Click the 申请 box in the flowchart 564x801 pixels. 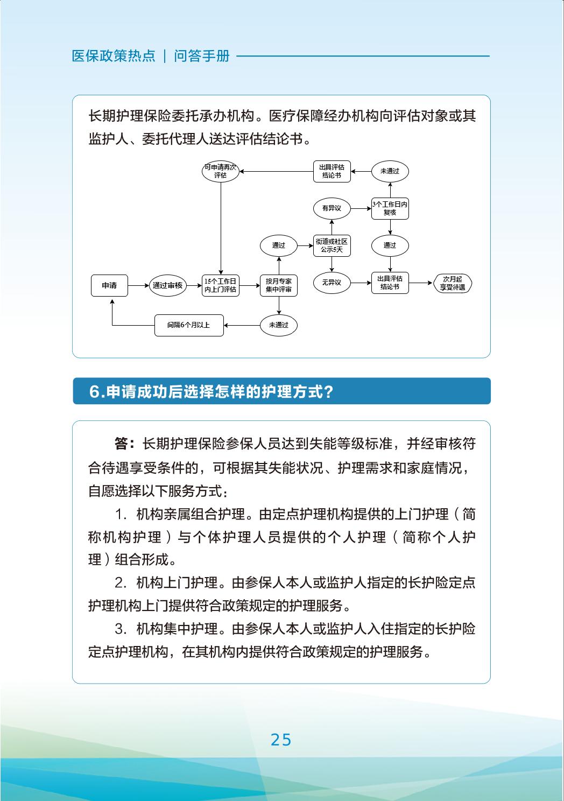click(109, 285)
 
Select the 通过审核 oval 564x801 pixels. click(167, 285)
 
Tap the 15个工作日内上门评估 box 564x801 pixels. click(221, 285)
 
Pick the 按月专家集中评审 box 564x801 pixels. click(278, 285)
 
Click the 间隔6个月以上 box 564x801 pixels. click(189, 325)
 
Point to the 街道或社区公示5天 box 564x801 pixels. click(332, 245)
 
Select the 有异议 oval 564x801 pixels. click(332, 208)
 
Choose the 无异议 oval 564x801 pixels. click(332, 282)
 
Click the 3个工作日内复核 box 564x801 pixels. click(390, 208)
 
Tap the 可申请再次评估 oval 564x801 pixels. click(220, 171)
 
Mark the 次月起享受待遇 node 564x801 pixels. click(452, 283)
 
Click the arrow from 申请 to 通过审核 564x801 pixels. click(138, 285)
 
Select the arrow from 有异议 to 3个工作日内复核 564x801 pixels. click(361, 208)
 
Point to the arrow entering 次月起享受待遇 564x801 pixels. click(421, 283)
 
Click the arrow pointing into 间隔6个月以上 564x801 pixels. click(242, 325)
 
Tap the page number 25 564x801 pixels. click(281, 740)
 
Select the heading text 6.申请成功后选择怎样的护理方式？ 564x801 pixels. click(211, 391)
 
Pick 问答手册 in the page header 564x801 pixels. click(202, 56)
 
